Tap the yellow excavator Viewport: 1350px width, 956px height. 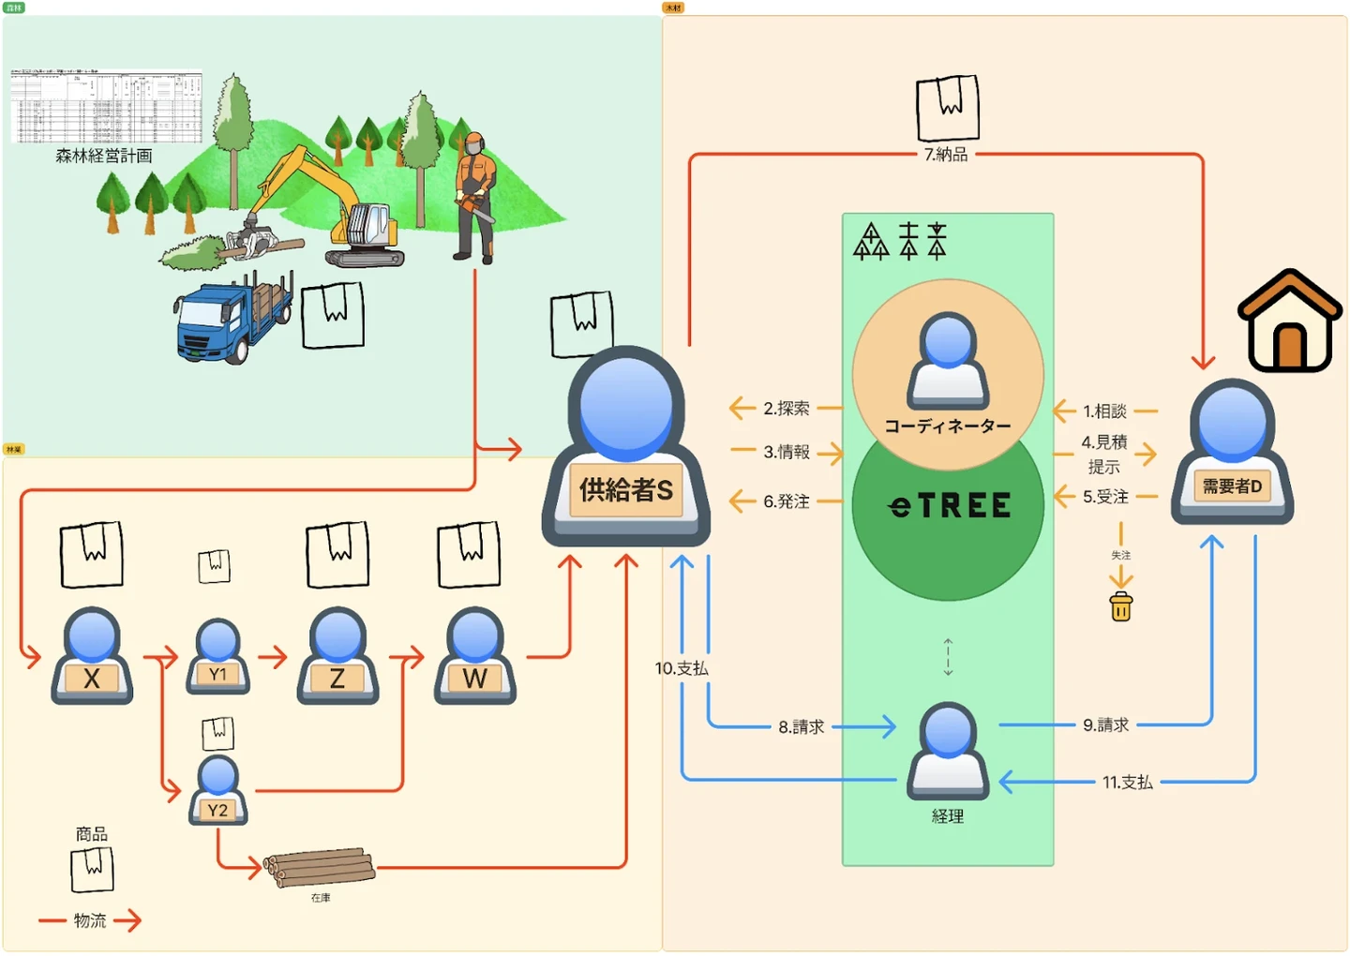pos(337,211)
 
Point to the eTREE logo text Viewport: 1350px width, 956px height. pos(949,506)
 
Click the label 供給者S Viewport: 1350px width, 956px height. pos(626,489)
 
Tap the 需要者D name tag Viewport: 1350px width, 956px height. pos(1232,486)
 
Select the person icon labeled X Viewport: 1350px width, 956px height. pos(92,656)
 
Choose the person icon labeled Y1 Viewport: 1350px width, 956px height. pos(218,657)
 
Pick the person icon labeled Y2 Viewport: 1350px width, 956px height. pos(218,792)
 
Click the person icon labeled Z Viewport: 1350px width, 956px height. pos(337,656)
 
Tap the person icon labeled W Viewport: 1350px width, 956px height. pos(475,656)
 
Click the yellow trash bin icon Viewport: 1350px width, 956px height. pos(1121,607)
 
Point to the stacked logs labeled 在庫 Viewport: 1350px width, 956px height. pos(319,868)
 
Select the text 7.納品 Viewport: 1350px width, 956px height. pos(946,154)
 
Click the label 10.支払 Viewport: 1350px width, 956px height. pos(682,668)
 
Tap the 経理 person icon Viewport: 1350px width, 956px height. pos(948,751)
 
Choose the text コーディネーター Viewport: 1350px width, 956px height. pos(948,426)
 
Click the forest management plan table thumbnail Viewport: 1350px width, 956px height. pos(106,106)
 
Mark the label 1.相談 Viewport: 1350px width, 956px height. pos(1104,411)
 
